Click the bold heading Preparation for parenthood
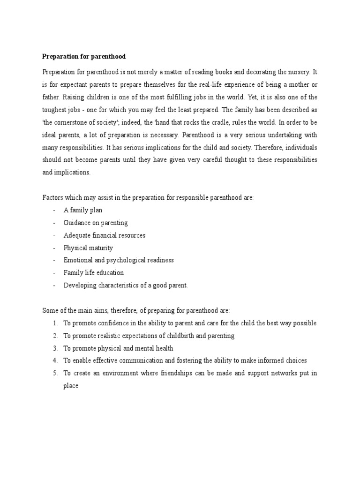point(84,57)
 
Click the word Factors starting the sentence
point(53,198)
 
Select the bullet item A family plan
point(83,210)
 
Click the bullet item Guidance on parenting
point(96,223)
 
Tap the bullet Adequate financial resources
point(105,235)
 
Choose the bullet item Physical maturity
point(88,247)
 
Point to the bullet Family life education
point(94,272)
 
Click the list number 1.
point(55,323)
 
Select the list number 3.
point(55,348)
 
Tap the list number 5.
point(55,373)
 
